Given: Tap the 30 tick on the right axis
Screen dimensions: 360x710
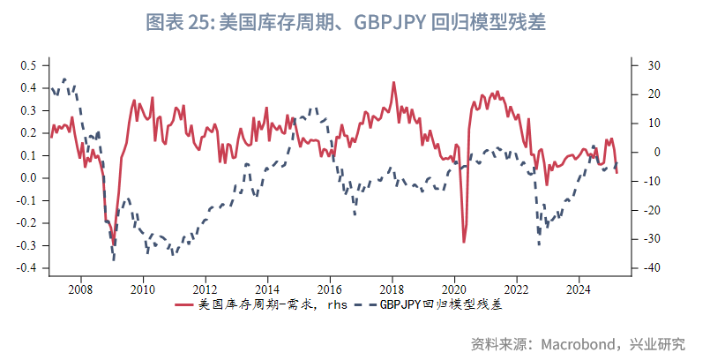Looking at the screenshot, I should (654, 65).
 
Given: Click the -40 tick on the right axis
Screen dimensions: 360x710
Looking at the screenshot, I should (652, 268).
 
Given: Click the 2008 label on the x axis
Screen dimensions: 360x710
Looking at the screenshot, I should (80, 289).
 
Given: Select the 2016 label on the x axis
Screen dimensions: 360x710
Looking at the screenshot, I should (329, 289).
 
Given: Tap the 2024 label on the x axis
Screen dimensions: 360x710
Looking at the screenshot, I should (579, 289).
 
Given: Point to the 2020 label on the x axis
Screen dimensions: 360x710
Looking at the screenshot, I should (454, 289).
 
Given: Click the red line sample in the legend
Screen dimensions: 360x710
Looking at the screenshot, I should (184, 305).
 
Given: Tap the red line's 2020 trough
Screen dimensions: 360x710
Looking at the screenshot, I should (464, 242).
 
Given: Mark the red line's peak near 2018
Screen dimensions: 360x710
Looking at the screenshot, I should (392, 83).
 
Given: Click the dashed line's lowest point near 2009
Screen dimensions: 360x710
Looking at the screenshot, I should (114, 259).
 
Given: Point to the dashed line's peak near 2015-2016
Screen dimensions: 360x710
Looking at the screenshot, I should (315, 109).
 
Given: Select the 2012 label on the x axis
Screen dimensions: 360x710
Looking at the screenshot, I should (205, 289).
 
